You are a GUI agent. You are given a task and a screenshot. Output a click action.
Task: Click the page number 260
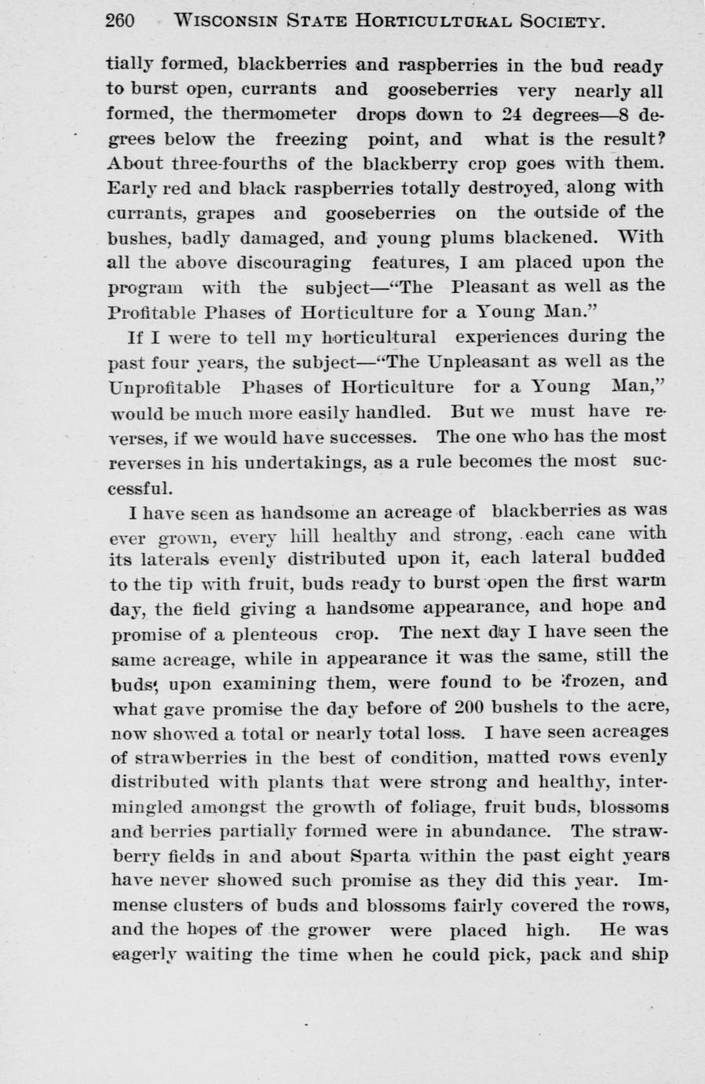120,21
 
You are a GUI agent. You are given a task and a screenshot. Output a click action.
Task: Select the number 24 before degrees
513,114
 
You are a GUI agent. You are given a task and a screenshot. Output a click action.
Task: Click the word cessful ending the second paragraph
138,488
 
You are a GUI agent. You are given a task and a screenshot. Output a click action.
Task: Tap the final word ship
650,956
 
